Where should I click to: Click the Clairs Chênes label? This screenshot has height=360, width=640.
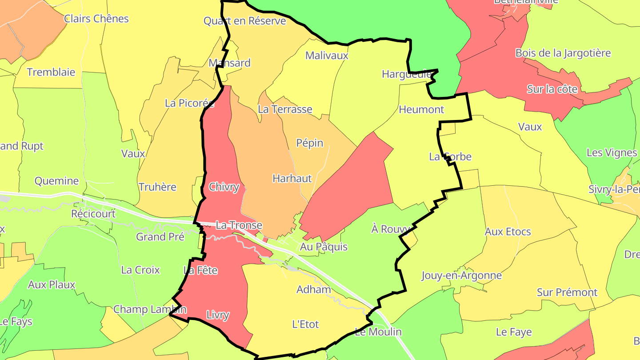(96, 19)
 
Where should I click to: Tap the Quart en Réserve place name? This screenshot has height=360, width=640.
(244, 21)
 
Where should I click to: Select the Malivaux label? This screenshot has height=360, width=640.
(327, 56)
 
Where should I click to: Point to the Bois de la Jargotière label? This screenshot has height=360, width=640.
(563, 53)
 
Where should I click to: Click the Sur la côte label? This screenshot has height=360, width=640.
(552, 89)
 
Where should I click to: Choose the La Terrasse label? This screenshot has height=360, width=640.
(285, 109)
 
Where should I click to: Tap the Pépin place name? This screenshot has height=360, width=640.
(310, 143)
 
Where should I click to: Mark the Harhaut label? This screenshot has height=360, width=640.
(292, 179)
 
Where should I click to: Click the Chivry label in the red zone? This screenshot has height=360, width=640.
(224, 187)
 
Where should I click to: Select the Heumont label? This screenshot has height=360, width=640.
(421, 109)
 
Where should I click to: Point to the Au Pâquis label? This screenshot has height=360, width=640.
(324, 247)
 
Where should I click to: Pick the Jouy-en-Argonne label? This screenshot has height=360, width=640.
(461, 276)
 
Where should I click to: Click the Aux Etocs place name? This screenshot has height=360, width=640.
(508, 232)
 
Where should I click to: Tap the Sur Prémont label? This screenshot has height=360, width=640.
(567, 292)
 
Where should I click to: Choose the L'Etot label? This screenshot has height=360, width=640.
(305, 324)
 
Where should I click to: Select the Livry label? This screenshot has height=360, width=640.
(218, 316)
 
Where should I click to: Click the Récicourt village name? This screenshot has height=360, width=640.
(93, 214)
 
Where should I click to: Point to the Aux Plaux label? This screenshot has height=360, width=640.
(52, 284)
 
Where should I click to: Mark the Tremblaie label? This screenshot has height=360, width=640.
(51, 72)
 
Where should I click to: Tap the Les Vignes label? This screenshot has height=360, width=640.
(612, 153)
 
